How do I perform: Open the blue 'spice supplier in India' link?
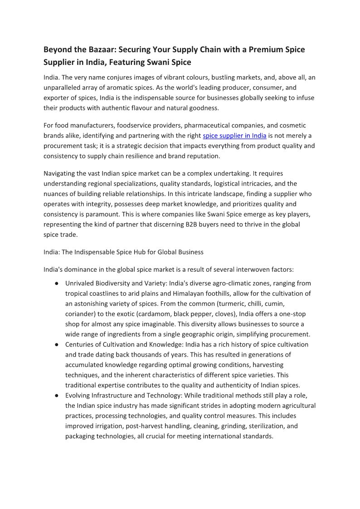pyautogui.click(x=234, y=136)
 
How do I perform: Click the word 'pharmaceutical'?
pyautogui.click(x=210, y=125)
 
